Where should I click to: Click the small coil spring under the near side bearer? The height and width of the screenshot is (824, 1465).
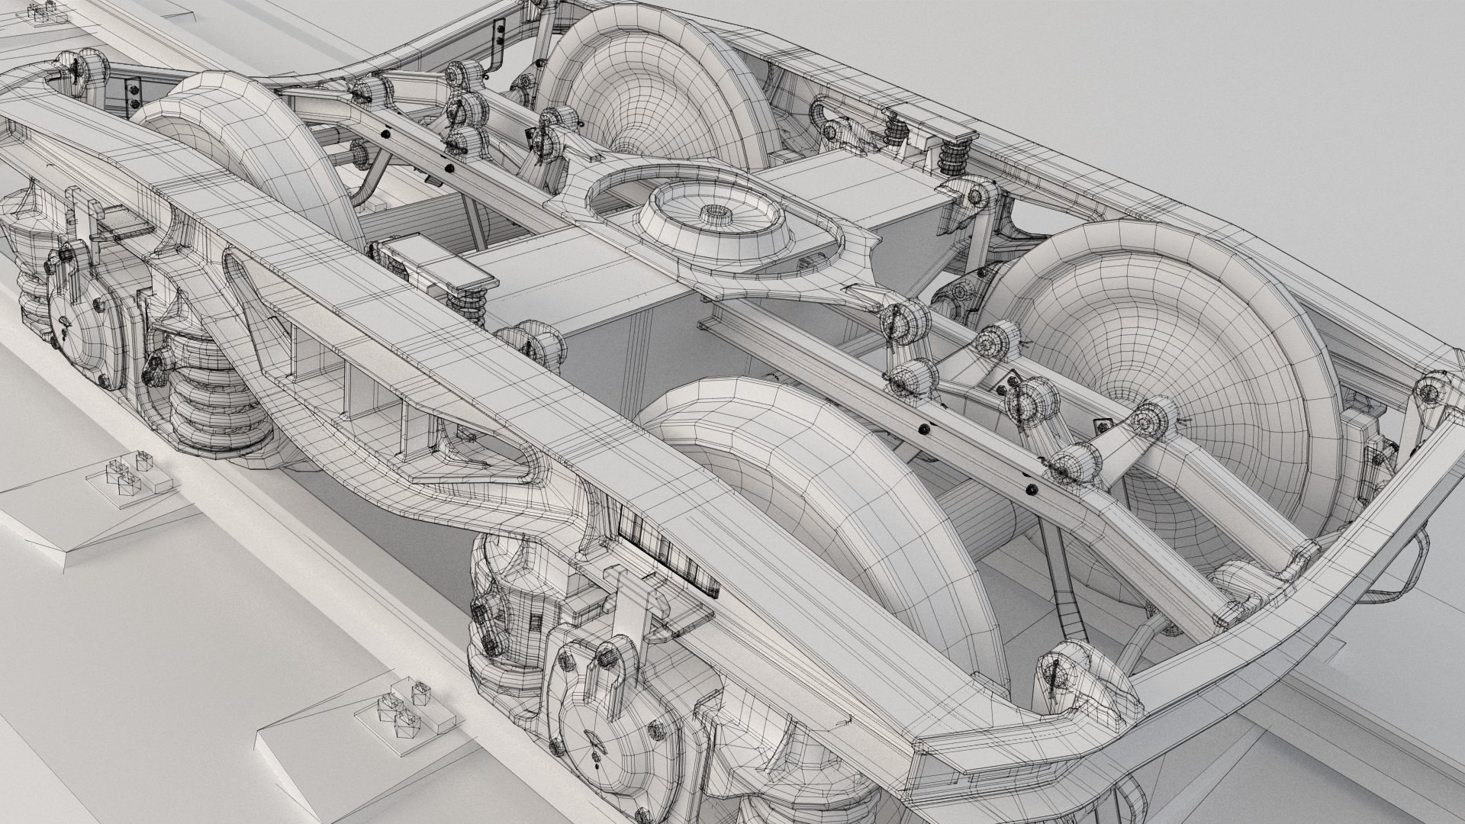[465, 305]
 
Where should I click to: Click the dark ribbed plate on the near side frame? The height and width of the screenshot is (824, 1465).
[664, 549]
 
